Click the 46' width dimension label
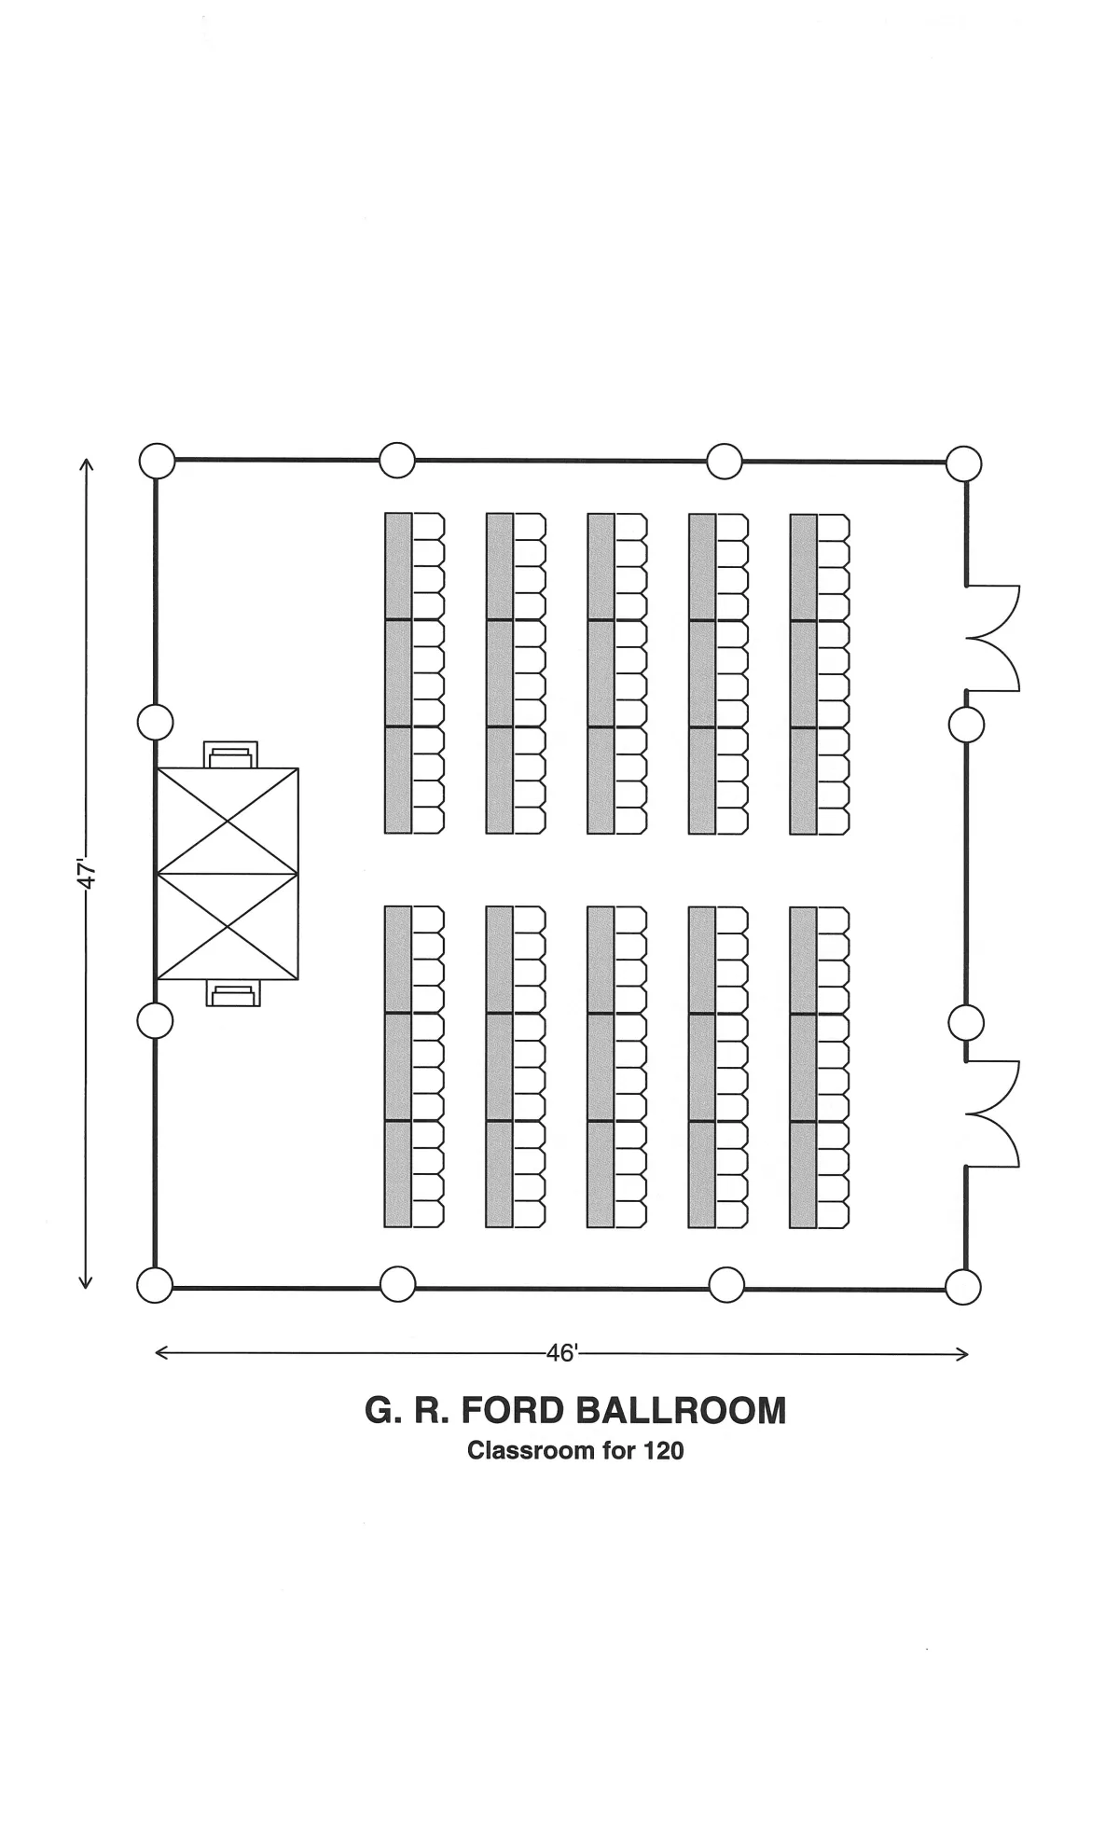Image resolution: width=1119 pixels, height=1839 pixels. coord(562,1353)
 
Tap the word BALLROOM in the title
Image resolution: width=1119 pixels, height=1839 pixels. coord(681,1410)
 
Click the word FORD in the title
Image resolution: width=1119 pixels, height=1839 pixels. coord(512,1410)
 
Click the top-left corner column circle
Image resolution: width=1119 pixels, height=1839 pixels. coord(157,460)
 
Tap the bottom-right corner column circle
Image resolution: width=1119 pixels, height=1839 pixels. coord(963,1287)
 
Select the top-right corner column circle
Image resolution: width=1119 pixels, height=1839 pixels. coord(964,463)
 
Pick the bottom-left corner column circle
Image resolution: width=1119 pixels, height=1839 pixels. coord(155,1285)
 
